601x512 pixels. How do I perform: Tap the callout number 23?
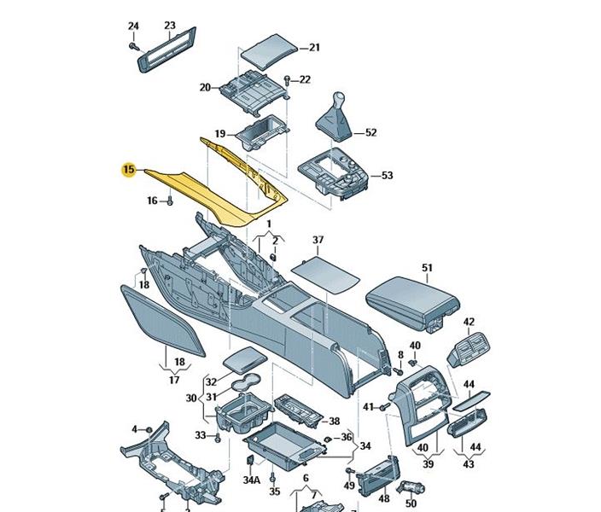point(169,26)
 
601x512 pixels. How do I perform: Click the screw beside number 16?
point(170,201)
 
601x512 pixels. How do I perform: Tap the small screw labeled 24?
point(137,50)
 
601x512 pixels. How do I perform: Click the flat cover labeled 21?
point(269,49)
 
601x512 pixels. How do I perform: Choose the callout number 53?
point(387,176)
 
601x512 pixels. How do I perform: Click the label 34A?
point(250,480)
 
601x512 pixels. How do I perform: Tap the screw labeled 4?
point(148,428)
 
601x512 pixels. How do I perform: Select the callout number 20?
point(205,87)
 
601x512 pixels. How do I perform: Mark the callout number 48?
point(384,500)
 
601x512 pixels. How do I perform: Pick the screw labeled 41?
point(383,407)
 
